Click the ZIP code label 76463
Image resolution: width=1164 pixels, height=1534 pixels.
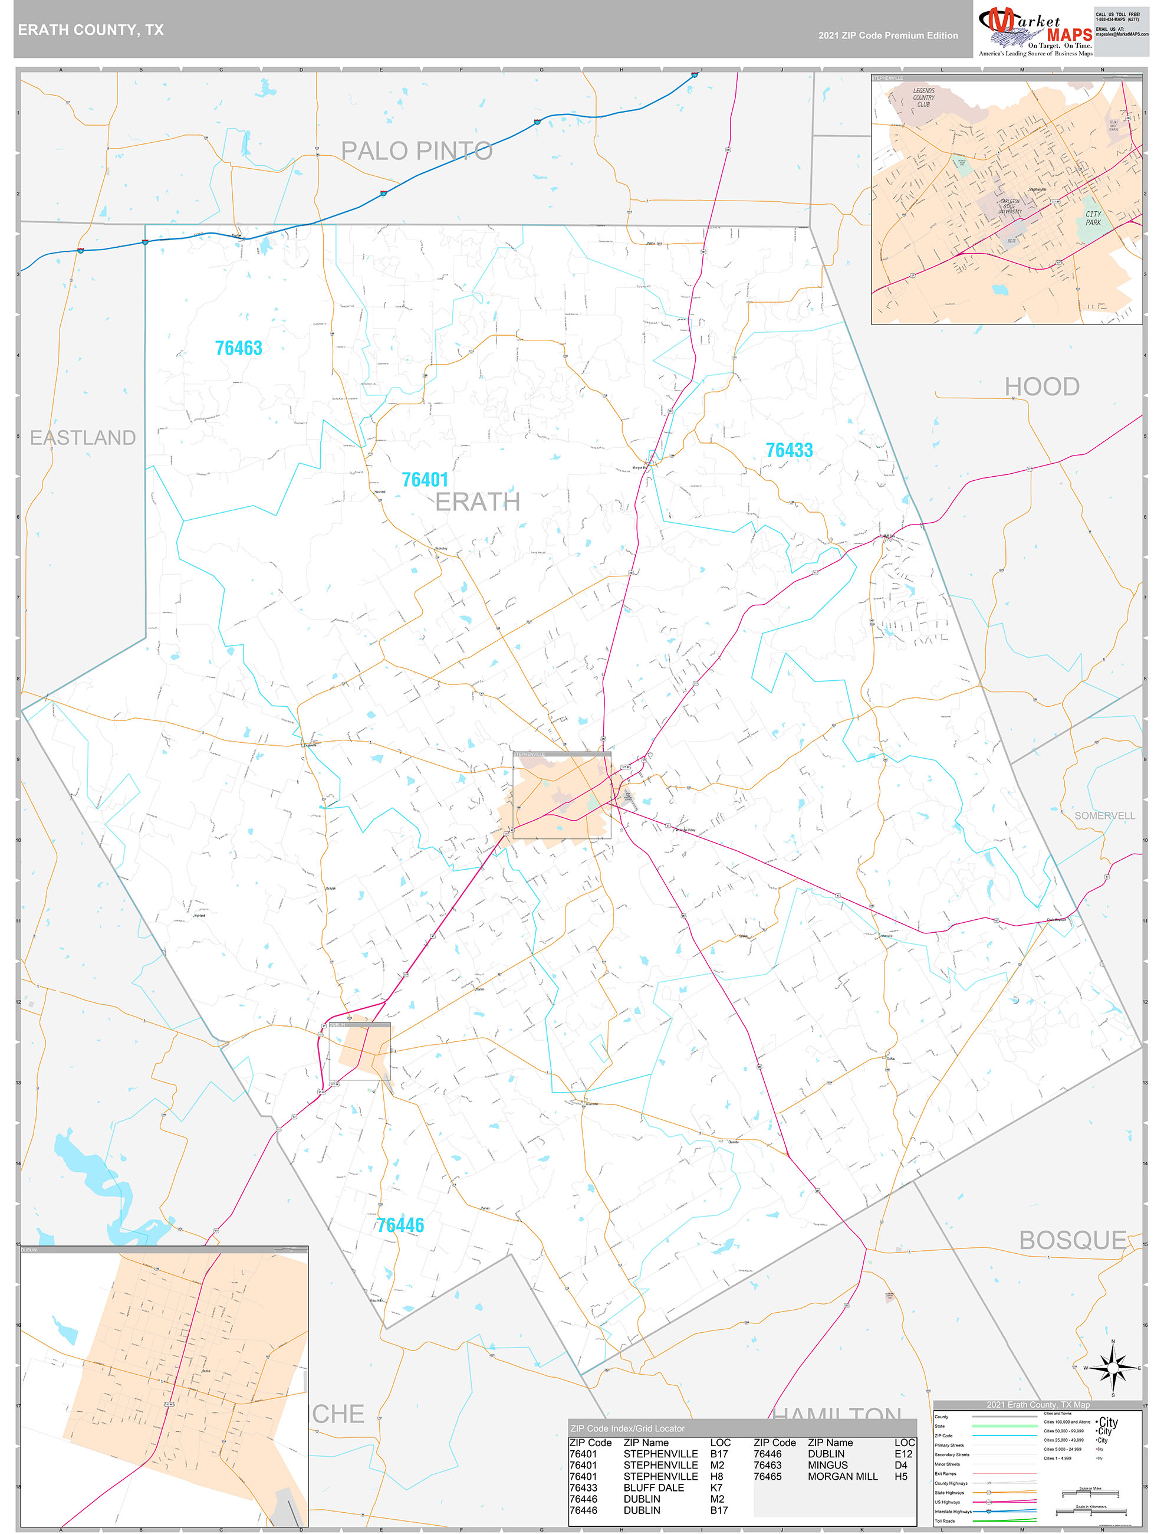(x=238, y=348)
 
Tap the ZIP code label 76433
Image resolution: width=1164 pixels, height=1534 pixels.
(x=789, y=450)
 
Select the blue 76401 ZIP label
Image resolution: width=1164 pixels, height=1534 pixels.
(x=425, y=480)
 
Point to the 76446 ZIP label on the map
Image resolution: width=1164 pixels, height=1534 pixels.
(x=400, y=1225)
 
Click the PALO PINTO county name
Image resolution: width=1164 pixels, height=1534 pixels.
(x=417, y=150)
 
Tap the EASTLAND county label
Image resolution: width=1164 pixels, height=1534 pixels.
(x=83, y=438)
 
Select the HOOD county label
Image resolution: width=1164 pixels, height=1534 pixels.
(x=1042, y=386)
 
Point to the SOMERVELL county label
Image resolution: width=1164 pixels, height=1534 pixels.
(x=1104, y=815)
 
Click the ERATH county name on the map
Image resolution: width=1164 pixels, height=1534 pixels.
(x=478, y=501)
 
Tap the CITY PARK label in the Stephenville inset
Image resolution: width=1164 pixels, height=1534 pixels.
(x=1093, y=218)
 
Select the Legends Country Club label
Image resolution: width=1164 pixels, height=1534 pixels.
(x=923, y=97)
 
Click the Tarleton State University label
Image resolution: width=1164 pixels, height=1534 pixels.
(x=1010, y=206)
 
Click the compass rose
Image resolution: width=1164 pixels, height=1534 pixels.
(x=1113, y=1368)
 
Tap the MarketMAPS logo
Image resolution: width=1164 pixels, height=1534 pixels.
(x=1035, y=31)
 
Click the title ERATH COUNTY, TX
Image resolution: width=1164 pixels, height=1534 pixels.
(x=91, y=30)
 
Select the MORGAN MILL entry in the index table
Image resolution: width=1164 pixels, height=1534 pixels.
(x=842, y=1476)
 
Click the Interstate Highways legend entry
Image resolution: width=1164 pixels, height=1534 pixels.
(x=951, y=1511)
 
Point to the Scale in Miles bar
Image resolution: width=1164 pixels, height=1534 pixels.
(x=1089, y=1494)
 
